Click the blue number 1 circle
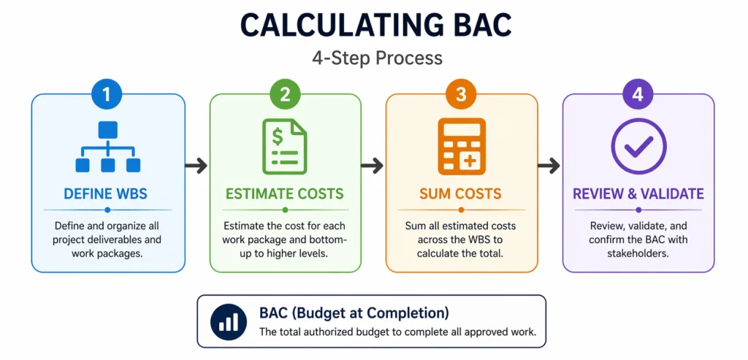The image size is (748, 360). coord(108,93)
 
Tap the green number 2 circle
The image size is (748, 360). coord(285,93)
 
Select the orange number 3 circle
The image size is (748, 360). coord(461,93)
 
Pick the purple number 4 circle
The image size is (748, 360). coord(638,93)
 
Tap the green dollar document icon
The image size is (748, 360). coord(285,147)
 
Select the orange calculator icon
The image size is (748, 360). coord(461,147)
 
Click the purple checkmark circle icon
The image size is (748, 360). coord(638,147)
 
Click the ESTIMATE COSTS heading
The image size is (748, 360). coord(285,194)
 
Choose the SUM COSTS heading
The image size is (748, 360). coord(461,194)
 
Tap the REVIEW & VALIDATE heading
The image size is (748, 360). coord(638,194)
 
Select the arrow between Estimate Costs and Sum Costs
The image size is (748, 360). coord(373,166)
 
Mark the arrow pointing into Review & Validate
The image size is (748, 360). coord(549,166)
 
